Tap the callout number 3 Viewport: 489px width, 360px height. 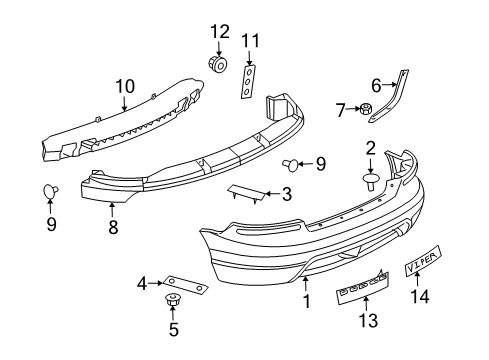(286, 194)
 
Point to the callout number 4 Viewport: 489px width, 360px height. (142, 283)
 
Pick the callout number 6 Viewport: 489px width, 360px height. (376, 85)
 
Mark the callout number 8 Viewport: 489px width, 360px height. (113, 227)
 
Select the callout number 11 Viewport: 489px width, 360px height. (249, 41)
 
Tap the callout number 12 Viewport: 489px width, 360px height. (219, 30)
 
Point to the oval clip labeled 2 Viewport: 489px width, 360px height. (371, 180)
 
